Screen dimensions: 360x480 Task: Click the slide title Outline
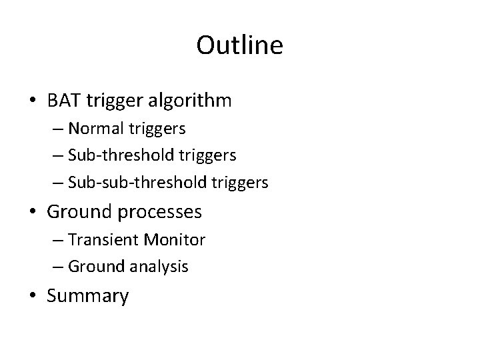click(x=240, y=45)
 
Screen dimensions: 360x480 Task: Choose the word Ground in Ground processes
click(x=81, y=212)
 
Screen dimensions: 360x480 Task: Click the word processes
click(x=161, y=212)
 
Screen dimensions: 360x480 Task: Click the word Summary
click(x=88, y=295)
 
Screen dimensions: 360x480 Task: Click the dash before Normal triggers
click(x=58, y=128)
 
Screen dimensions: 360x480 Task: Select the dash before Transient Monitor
click(x=58, y=239)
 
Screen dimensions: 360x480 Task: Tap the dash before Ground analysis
click(x=58, y=267)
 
